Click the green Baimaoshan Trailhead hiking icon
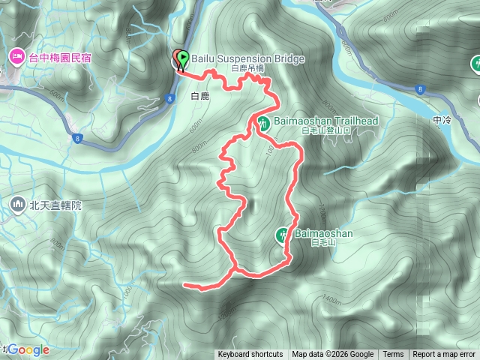click(263, 122)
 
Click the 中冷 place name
click(442, 118)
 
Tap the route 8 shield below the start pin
click(171, 97)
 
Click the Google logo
click(28, 349)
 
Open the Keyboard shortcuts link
click(250, 355)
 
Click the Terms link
click(393, 355)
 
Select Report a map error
click(444, 355)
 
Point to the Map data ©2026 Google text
click(333, 355)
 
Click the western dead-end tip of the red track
click(185, 284)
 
